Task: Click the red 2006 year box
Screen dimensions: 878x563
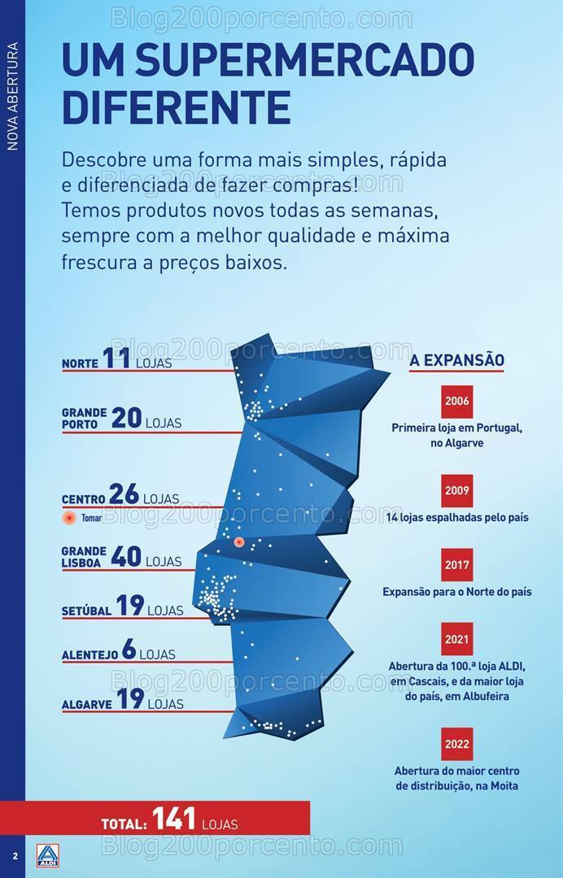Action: click(x=456, y=402)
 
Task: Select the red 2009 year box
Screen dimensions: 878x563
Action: click(x=456, y=491)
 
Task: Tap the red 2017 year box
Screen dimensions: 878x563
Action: click(x=456, y=565)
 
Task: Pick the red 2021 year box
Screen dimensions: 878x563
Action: click(x=456, y=639)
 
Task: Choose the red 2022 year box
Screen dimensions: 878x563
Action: click(x=456, y=744)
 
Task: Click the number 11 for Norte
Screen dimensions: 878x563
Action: click(x=116, y=359)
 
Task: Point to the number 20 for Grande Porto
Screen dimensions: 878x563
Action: click(x=126, y=418)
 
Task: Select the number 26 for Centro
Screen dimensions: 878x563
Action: click(x=124, y=493)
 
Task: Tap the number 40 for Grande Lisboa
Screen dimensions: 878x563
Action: click(x=126, y=557)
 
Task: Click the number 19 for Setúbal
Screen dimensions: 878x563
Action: click(x=130, y=606)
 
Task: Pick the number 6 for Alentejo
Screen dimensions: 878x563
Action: click(x=129, y=650)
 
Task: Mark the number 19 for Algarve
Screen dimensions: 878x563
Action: click(x=130, y=699)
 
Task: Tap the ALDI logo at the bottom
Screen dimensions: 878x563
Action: click(x=48, y=855)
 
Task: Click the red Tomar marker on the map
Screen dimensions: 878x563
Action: click(x=239, y=542)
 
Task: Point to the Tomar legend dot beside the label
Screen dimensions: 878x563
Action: click(x=69, y=517)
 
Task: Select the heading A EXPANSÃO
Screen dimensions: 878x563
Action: click(x=456, y=360)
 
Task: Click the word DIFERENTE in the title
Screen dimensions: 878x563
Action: click(x=177, y=106)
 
